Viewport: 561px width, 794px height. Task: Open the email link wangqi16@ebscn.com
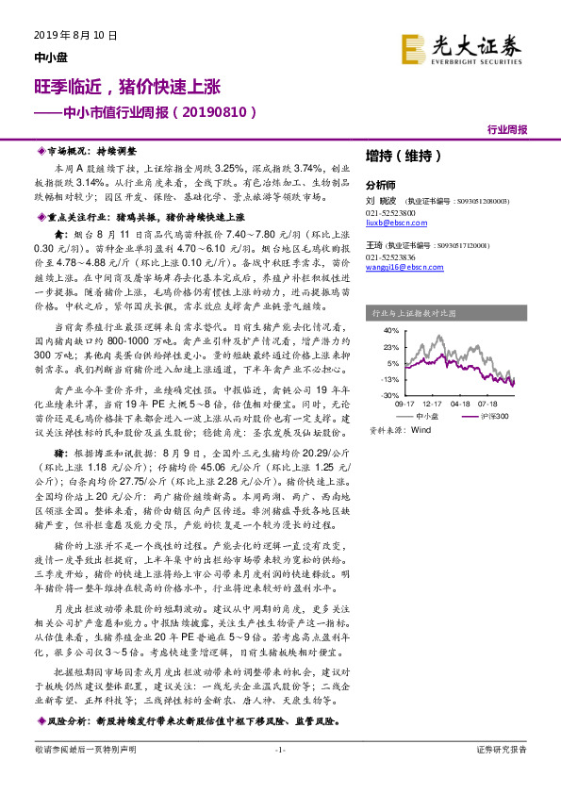coord(399,268)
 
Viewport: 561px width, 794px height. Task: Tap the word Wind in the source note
coord(421,429)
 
